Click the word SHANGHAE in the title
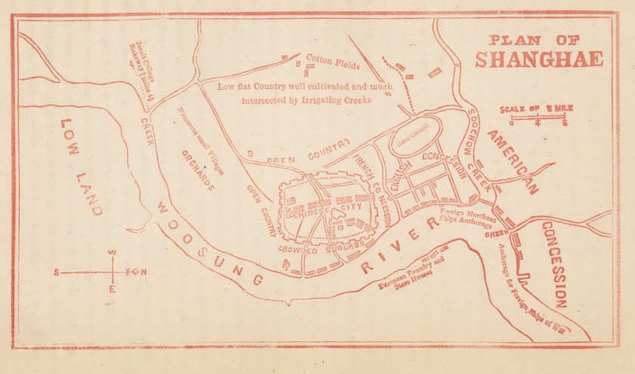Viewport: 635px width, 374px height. [x=539, y=59]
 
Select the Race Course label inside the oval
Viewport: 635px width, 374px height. [x=415, y=139]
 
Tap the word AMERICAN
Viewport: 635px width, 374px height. [x=513, y=162]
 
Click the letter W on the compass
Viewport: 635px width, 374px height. [x=112, y=253]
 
